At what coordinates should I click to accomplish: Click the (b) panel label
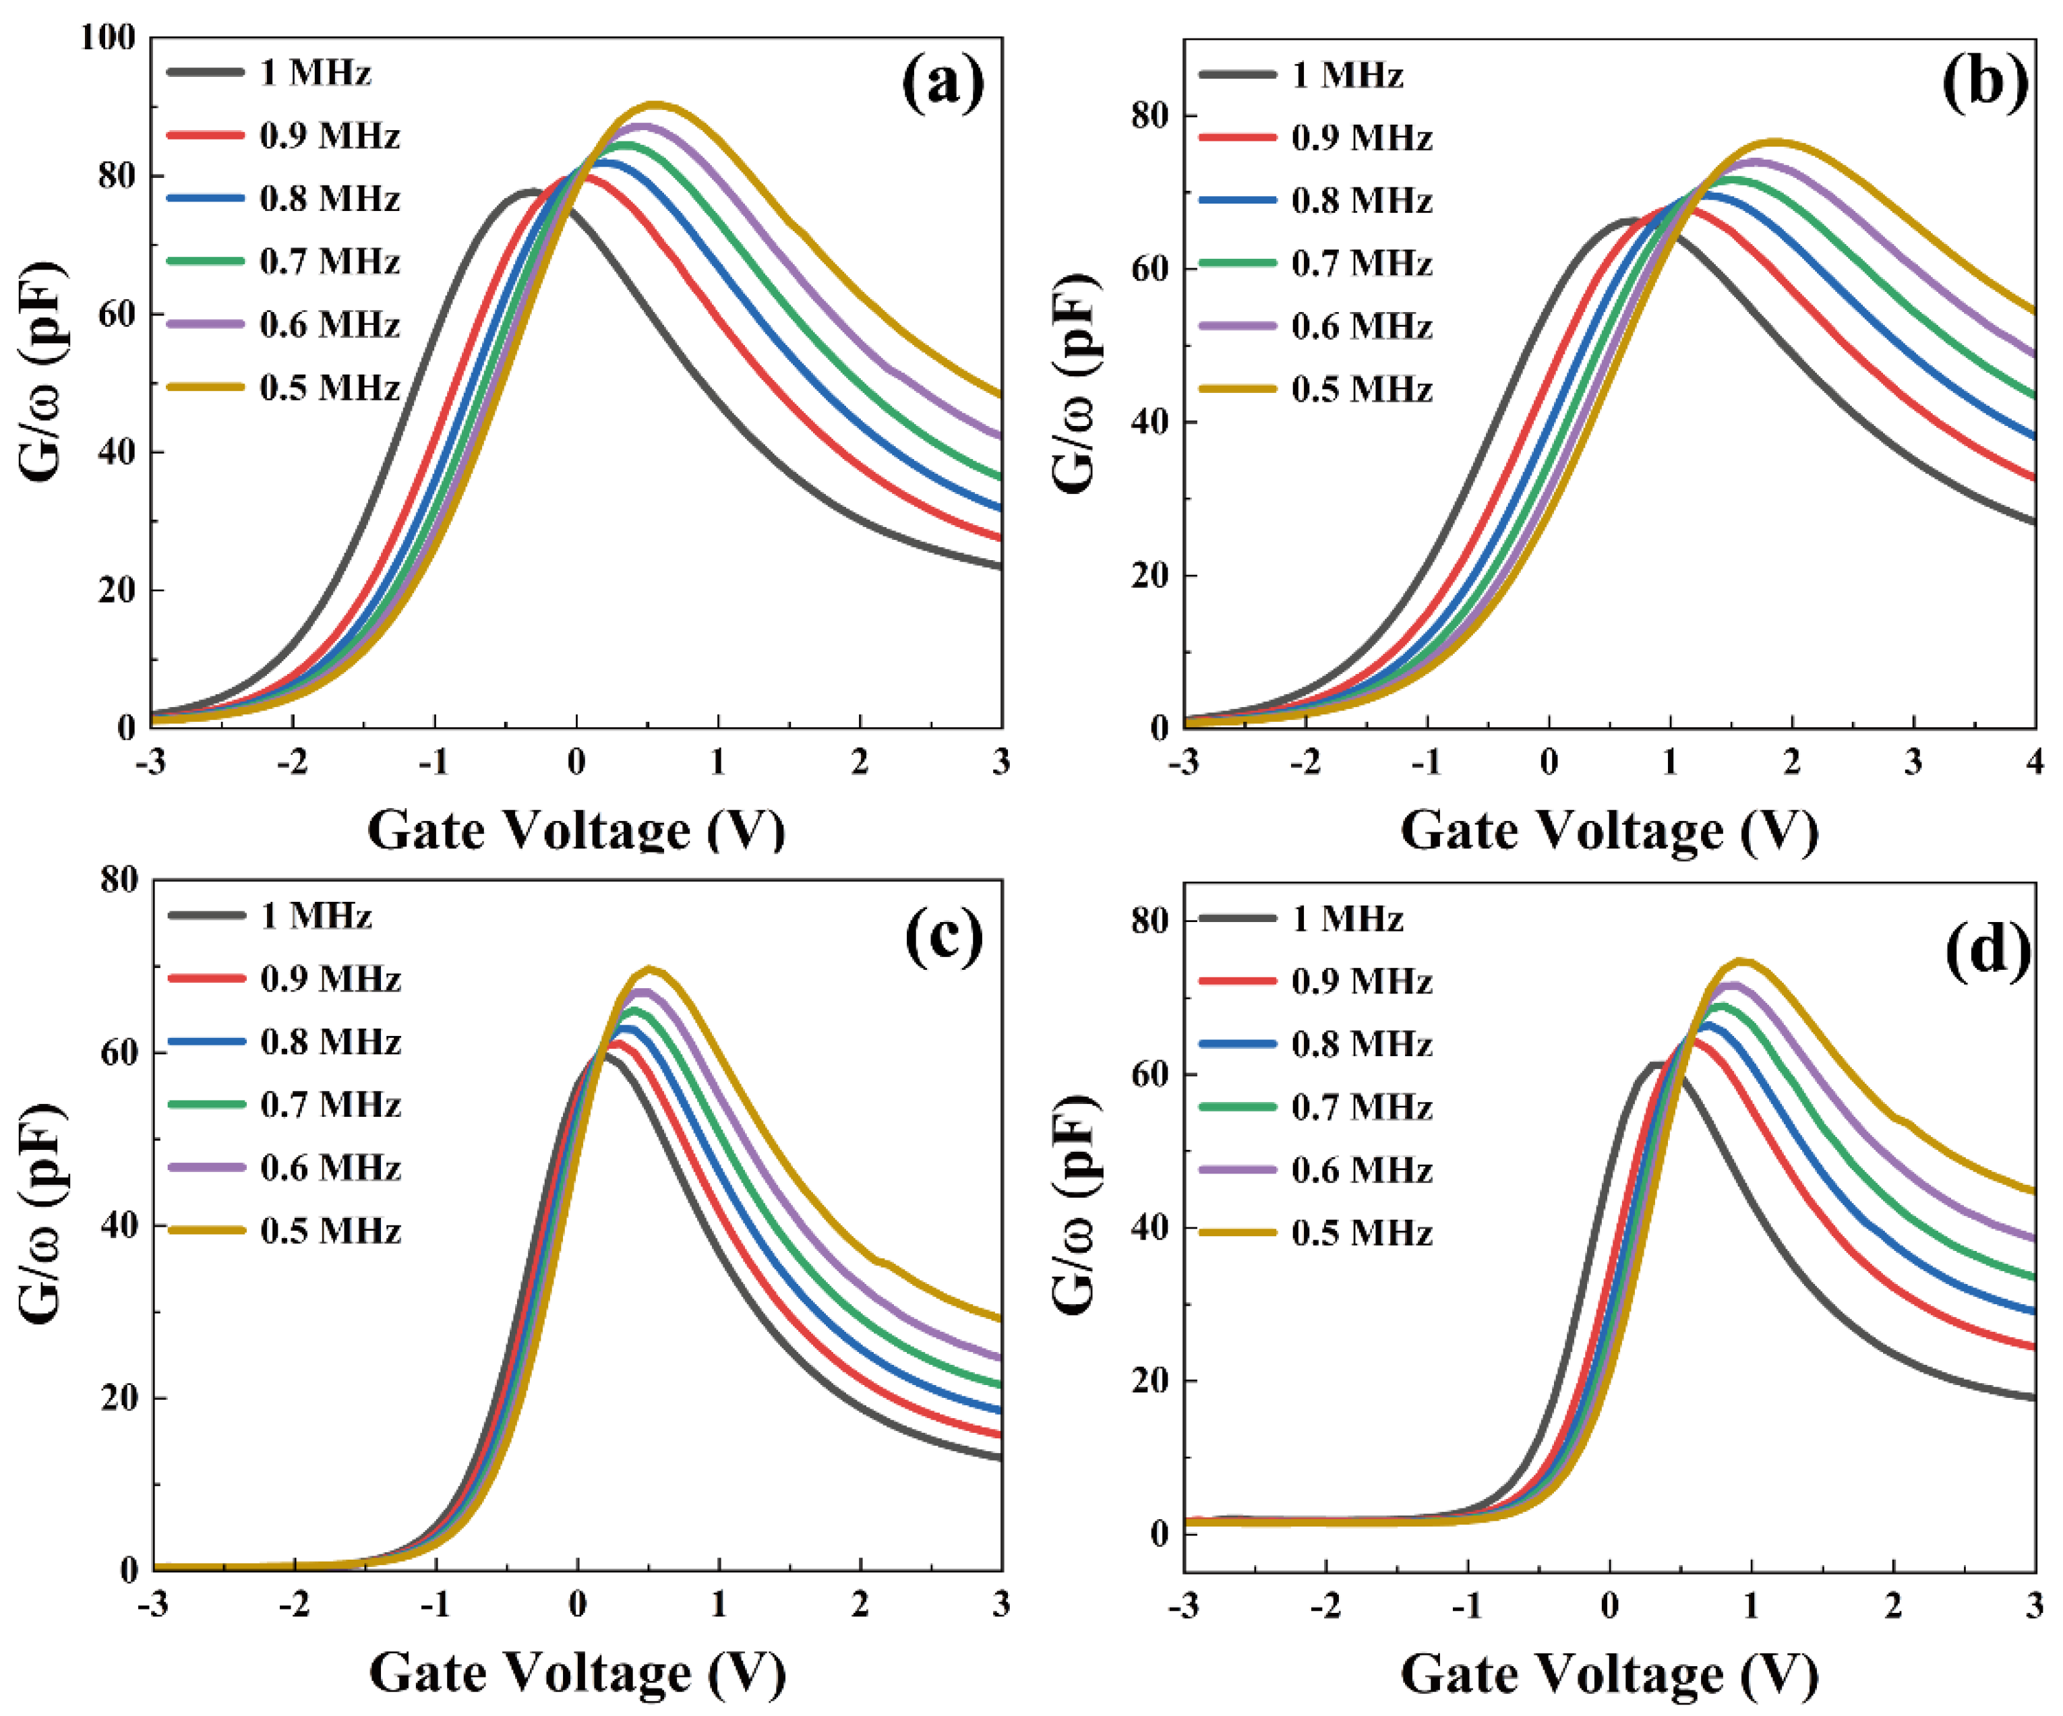pyautogui.click(x=1984, y=84)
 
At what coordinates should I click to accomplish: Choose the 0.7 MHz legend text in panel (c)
pyautogui.click(x=330, y=1105)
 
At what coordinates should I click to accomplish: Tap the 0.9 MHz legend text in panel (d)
pyautogui.click(x=1362, y=981)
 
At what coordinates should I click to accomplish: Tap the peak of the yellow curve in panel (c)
pyautogui.click(x=649, y=969)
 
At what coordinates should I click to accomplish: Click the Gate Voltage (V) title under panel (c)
pyautogui.click(x=578, y=1673)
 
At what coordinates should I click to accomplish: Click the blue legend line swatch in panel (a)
pyautogui.click(x=206, y=198)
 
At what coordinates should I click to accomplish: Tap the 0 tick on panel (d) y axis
pyautogui.click(x=1159, y=1533)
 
